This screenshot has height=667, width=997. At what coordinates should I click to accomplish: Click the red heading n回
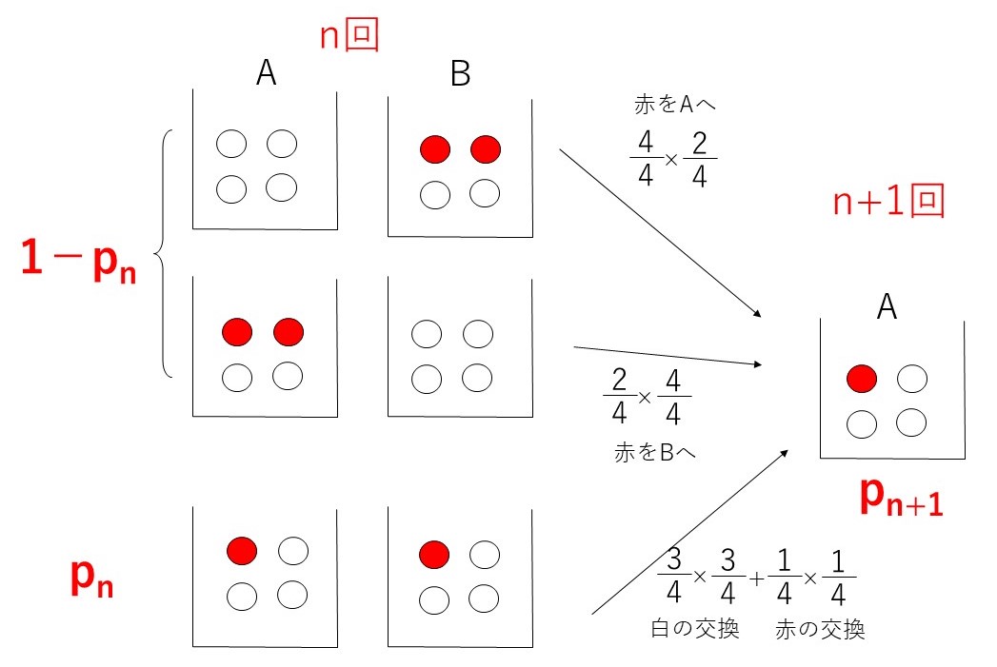(349, 36)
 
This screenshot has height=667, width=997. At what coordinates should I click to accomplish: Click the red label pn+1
(900, 499)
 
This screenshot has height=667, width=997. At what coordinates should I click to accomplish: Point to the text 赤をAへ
(674, 106)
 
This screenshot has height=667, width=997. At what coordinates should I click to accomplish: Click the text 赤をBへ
(655, 453)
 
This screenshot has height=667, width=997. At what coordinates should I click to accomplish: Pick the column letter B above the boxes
(460, 74)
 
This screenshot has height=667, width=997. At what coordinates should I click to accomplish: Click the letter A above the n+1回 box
(887, 305)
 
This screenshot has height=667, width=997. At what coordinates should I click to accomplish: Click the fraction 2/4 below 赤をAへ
(700, 158)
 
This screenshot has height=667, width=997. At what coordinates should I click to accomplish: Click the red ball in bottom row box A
(242, 550)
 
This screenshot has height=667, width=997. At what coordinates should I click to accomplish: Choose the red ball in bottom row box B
(434, 553)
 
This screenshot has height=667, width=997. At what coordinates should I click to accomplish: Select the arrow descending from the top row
(660, 233)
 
